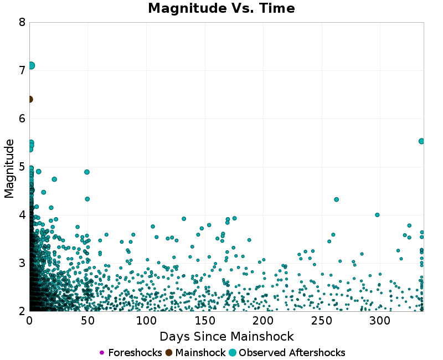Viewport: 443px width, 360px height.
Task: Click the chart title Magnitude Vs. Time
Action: [221, 8]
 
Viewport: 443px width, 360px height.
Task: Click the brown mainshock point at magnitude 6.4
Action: [29, 99]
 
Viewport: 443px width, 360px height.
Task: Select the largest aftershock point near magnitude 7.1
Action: [31, 65]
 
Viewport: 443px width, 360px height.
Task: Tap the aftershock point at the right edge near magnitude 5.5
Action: [421, 141]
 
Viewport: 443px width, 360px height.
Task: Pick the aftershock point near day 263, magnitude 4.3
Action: [336, 199]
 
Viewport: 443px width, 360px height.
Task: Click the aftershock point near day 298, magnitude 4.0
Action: [377, 215]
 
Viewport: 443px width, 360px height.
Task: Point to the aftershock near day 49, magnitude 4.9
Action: [87, 172]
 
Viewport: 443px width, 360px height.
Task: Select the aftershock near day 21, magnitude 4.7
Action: [54, 179]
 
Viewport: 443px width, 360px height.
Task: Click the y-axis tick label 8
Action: [22, 22]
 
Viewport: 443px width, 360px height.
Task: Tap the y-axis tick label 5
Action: [22, 167]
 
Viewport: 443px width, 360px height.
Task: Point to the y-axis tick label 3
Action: [22, 263]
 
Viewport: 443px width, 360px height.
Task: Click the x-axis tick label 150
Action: [204, 321]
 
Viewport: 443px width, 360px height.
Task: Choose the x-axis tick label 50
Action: [87, 321]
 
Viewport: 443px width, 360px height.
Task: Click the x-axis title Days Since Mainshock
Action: [226, 336]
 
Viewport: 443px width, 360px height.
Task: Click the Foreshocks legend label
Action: [135, 353]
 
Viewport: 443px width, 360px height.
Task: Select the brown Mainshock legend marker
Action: [169, 353]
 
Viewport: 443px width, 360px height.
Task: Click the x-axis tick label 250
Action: [321, 321]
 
